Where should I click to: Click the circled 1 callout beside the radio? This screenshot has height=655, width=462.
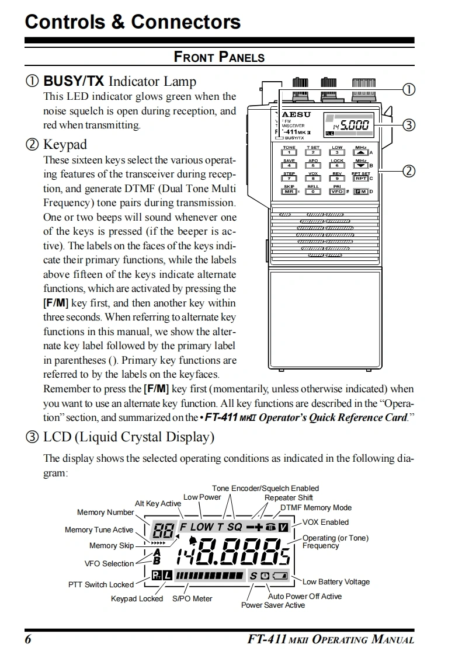tap(409, 89)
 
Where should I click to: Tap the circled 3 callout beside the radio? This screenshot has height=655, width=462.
tap(409, 124)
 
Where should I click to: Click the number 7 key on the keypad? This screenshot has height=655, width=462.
tap(289, 179)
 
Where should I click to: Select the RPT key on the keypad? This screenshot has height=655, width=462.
tap(360, 179)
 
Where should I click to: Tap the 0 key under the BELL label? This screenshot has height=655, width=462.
tap(313, 191)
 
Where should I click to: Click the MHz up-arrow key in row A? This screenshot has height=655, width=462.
tap(360, 153)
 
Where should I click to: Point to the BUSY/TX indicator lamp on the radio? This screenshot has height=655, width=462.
tap(279, 138)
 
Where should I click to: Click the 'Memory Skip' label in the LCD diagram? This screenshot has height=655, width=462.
tap(111, 546)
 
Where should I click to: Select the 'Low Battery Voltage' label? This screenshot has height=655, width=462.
tap(336, 581)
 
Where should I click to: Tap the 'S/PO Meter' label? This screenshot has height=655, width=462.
tap(192, 598)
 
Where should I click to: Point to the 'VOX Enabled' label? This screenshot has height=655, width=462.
tap(325, 522)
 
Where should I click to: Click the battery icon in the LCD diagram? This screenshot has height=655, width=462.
tap(281, 576)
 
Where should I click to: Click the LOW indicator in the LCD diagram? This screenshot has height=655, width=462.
tap(202, 527)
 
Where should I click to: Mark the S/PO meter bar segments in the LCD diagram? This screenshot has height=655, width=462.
tap(210, 576)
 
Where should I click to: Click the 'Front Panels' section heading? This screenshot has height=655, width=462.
tap(219, 57)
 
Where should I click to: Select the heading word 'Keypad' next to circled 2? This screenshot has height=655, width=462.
tap(65, 145)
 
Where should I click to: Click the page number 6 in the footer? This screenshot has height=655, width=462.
tap(27, 639)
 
